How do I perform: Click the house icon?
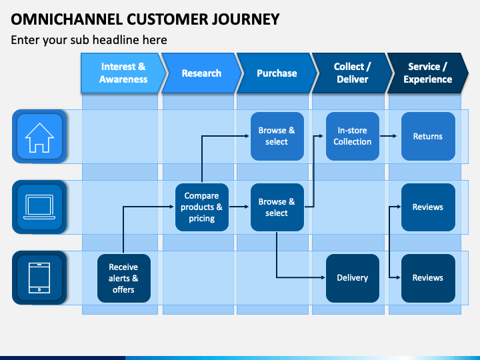pyautogui.click(x=39, y=137)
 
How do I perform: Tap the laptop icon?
pyautogui.click(x=39, y=207)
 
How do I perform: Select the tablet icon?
pyautogui.click(x=39, y=277)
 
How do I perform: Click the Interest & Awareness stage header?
pyautogui.click(x=123, y=73)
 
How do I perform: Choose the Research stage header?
pyautogui.click(x=201, y=73)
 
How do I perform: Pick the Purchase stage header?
pyautogui.click(x=277, y=73)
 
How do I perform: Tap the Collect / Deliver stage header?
pyautogui.click(x=353, y=73)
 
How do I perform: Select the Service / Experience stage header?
pyautogui.click(x=427, y=73)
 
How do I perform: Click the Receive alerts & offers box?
pyautogui.click(x=124, y=278)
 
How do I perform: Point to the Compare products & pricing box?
pyautogui.click(x=202, y=207)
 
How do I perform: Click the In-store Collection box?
pyautogui.click(x=353, y=136)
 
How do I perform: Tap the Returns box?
pyautogui.click(x=428, y=136)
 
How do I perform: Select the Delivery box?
pyautogui.click(x=353, y=278)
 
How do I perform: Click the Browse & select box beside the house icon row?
pyautogui.click(x=277, y=136)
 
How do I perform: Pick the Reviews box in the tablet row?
pyautogui.click(x=428, y=278)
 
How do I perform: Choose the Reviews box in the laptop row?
pyautogui.click(x=428, y=207)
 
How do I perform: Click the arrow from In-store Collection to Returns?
pyautogui.click(x=388, y=136)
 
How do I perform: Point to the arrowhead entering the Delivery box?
pyautogui.click(x=323, y=277)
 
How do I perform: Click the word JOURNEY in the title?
pyautogui.click(x=245, y=19)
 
